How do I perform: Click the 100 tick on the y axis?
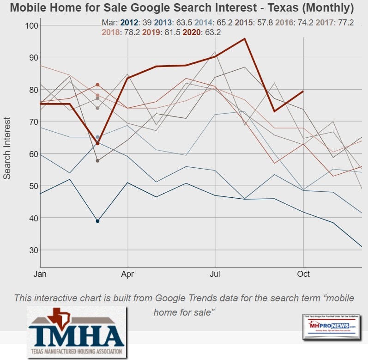tap(30, 25)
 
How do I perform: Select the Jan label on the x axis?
tap(40, 275)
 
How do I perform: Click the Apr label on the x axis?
tap(127, 275)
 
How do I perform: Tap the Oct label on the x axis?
tap(303, 275)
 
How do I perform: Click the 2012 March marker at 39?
tap(98, 221)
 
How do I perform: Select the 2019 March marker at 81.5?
tap(98, 85)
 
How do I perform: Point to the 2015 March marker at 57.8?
tap(98, 161)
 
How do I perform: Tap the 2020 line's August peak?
tap(245, 38)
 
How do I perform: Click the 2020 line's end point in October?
tap(303, 92)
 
